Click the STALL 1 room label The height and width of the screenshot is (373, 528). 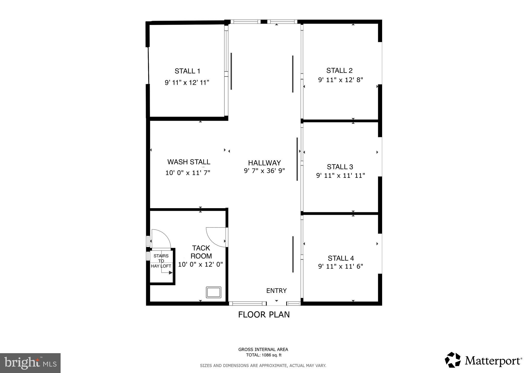click(x=187, y=71)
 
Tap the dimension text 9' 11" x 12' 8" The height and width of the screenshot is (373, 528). click(x=340, y=80)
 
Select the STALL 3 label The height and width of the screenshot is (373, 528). click(x=340, y=167)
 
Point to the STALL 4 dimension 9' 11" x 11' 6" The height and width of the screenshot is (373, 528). click(x=340, y=266)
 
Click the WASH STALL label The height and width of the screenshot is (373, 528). click(x=189, y=162)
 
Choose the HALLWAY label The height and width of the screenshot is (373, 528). click(x=264, y=163)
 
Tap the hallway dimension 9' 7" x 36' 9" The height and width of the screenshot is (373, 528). click(x=264, y=171)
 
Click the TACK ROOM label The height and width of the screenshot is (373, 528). click(x=201, y=252)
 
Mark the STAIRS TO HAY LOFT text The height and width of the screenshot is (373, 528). click(x=161, y=261)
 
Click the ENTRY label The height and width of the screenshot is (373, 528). click(x=276, y=291)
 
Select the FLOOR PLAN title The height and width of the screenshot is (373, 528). click(x=264, y=315)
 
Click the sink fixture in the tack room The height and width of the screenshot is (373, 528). click(x=213, y=292)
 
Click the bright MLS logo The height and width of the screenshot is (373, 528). click(x=30, y=363)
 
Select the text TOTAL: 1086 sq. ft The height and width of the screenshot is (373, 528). click(x=263, y=355)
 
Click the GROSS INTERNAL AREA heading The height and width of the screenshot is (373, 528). click(x=263, y=350)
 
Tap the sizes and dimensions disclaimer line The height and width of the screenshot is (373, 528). click(x=263, y=366)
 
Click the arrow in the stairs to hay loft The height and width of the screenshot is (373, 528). click(x=170, y=273)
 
